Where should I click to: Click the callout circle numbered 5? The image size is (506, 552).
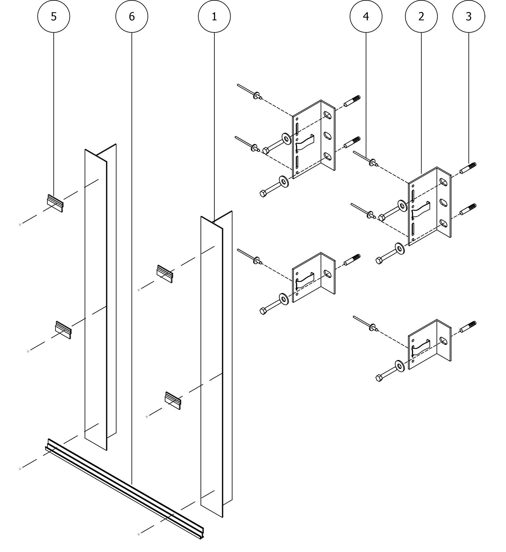pos(53,16)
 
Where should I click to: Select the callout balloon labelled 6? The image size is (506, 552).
pos(132,16)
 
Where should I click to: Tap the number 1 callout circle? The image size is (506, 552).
pos(214,16)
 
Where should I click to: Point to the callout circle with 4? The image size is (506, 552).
pos(366,16)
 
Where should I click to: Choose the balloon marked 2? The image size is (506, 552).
pos(421,16)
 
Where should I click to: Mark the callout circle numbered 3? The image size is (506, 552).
pos(469,16)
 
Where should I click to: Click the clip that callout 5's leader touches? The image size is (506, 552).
pos(55,203)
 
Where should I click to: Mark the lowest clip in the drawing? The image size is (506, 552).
pos(173,400)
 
